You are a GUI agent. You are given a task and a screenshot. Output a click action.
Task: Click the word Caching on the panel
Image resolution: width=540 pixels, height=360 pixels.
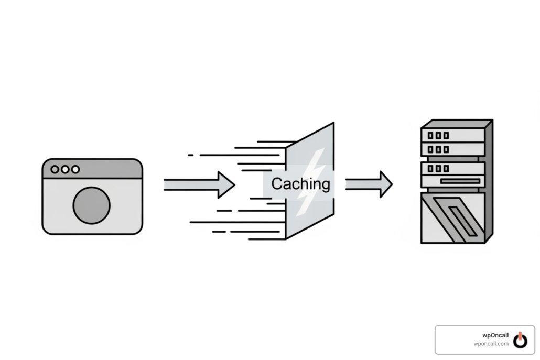(300, 184)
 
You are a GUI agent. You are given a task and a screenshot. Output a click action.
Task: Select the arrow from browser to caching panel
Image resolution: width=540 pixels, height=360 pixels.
(199, 185)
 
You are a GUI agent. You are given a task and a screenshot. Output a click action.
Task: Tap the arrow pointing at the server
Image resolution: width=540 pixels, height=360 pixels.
(369, 184)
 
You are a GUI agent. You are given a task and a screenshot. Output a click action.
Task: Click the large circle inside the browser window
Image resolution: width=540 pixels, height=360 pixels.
(92, 205)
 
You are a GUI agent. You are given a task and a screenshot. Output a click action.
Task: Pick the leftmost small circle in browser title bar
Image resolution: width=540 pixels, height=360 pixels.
(55, 169)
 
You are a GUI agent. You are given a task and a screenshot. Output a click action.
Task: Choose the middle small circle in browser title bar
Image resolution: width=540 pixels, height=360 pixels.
(64, 169)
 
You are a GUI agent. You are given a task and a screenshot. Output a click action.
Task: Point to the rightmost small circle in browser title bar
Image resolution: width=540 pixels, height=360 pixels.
(75, 169)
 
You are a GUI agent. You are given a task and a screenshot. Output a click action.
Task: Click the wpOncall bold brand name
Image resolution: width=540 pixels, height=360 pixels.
(495, 335)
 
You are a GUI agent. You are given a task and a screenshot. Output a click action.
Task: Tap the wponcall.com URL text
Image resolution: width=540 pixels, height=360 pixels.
(491, 343)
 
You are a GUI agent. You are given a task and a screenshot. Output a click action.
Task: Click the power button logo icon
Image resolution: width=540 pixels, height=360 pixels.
(520, 340)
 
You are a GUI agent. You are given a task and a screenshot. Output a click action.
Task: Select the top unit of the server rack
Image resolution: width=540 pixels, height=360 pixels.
(453, 135)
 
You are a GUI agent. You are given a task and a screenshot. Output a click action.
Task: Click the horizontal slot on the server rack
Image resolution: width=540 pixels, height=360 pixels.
(460, 181)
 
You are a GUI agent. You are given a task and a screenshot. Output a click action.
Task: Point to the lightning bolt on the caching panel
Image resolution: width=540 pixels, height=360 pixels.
(311, 182)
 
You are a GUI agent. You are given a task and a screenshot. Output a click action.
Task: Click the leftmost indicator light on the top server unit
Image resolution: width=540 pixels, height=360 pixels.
(430, 135)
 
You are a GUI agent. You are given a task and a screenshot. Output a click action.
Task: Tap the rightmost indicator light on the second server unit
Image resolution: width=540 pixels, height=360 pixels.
(446, 149)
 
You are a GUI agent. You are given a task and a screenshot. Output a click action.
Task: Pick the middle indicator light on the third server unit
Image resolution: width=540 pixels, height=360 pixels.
(438, 169)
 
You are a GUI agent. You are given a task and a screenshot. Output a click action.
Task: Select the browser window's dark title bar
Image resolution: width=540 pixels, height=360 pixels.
(92, 169)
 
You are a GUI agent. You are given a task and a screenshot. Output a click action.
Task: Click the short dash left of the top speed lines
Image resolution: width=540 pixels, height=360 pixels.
(190, 155)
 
